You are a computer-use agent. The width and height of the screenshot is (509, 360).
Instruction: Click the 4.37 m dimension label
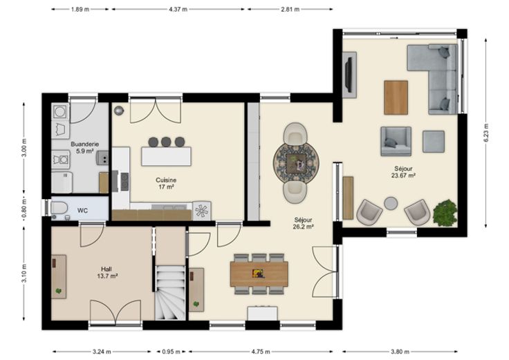point(178,10)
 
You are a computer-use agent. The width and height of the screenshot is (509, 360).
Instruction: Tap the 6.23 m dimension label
point(486,133)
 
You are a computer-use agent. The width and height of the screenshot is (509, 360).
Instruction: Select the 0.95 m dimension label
point(171,352)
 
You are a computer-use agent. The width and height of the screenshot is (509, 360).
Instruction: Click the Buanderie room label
point(85,144)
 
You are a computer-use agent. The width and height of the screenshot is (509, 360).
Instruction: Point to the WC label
point(82,211)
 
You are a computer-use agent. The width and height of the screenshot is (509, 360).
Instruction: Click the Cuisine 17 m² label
point(166,184)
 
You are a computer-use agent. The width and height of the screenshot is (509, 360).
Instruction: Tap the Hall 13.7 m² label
point(107,272)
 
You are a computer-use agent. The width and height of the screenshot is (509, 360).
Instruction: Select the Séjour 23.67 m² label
point(403,172)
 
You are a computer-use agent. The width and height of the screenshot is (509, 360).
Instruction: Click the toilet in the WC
point(59,208)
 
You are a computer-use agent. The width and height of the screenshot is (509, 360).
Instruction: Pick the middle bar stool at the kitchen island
point(166,142)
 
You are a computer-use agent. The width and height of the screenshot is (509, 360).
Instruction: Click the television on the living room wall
point(349,74)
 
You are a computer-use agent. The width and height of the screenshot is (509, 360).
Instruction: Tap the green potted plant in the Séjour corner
point(445,213)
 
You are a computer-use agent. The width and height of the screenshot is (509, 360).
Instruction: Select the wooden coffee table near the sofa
point(396,97)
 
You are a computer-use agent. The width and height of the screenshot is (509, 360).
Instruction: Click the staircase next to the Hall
point(169,292)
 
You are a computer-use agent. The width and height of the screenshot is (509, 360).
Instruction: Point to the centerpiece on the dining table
point(259,274)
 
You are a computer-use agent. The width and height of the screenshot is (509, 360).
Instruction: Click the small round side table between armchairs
point(391,204)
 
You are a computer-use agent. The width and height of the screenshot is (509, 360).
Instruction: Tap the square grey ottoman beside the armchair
point(434,142)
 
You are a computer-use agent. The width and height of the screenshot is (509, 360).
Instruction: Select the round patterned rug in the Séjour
point(296,163)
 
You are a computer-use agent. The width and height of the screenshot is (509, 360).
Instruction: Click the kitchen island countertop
point(166,156)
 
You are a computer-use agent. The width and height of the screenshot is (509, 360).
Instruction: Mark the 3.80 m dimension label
point(400,352)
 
